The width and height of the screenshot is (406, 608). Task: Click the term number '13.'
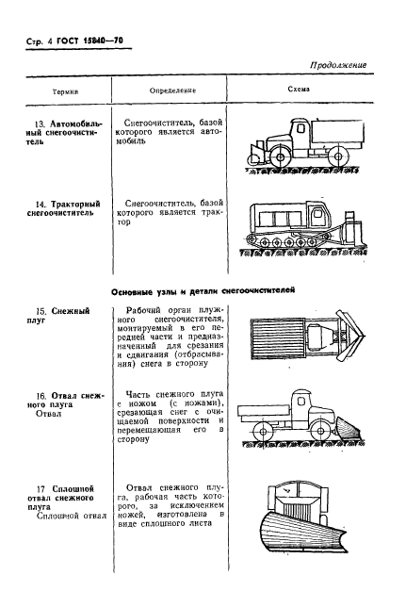click(x=38, y=124)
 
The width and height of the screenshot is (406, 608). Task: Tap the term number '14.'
click(x=38, y=205)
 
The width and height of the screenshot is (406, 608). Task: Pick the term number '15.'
click(x=38, y=311)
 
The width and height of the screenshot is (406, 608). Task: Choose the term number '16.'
click(x=38, y=397)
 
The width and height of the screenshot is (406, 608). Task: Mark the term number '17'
click(x=38, y=489)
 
